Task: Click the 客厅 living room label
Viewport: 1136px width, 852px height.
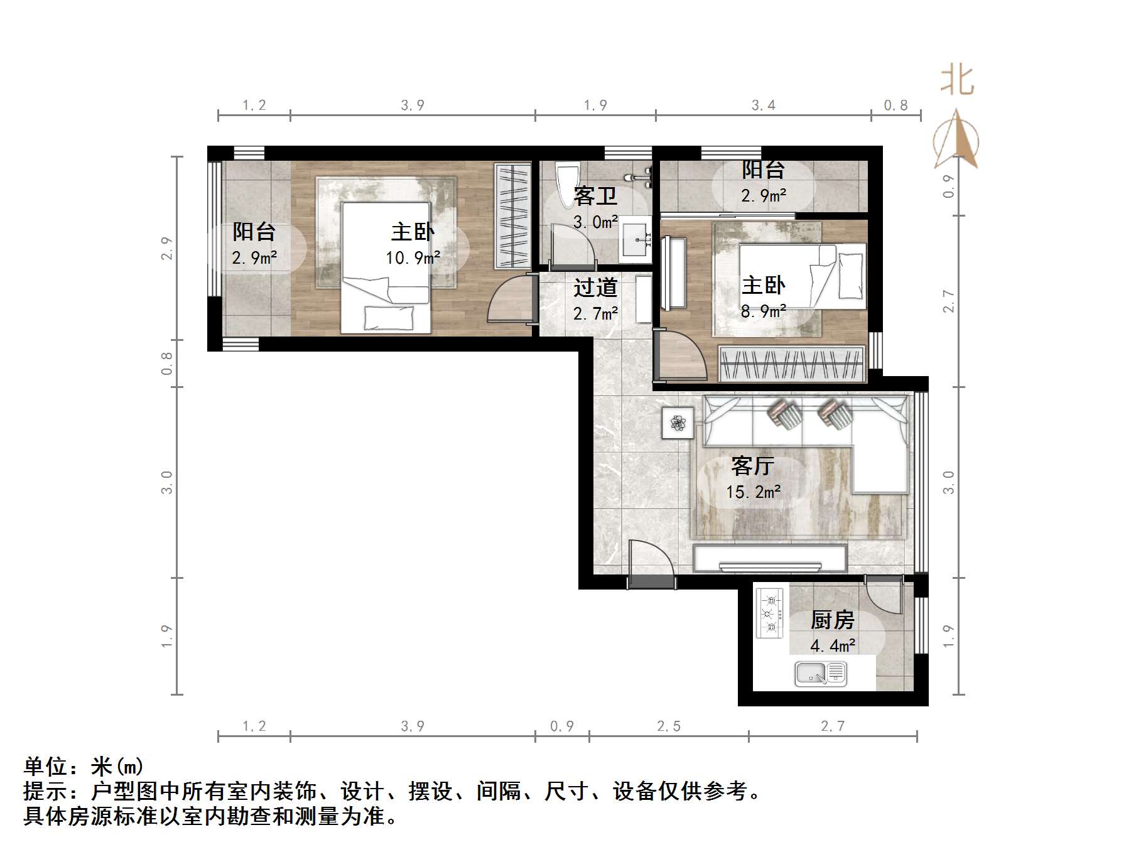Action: [x=752, y=466]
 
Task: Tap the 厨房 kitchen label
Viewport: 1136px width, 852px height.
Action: [x=832, y=620]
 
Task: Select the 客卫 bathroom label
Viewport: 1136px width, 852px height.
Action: [x=595, y=197]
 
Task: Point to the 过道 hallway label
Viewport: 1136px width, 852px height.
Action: [x=595, y=288]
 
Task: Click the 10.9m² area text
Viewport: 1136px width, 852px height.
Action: [x=413, y=257]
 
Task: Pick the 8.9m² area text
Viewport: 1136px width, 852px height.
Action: [x=763, y=311]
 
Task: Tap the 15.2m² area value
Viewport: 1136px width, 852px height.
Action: [x=753, y=492]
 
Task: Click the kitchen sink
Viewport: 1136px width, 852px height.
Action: [x=820, y=674]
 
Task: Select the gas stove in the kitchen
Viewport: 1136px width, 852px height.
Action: [x=770, y=613]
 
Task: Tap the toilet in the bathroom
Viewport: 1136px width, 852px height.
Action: [x=568, y=179]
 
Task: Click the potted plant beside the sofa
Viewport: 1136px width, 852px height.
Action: [x=678, y=423]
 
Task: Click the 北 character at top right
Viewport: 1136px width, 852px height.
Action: [x=956, y=82]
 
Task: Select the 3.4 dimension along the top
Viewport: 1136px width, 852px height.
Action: [x=763, y=105]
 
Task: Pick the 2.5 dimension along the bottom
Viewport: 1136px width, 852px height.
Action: [x=668, y=726]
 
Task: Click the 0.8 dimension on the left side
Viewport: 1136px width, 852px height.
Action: [x=167, y=363]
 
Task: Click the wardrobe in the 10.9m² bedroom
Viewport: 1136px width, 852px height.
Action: [x=512, y=216]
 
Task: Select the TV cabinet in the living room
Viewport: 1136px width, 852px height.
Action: [x=770, y=558]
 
